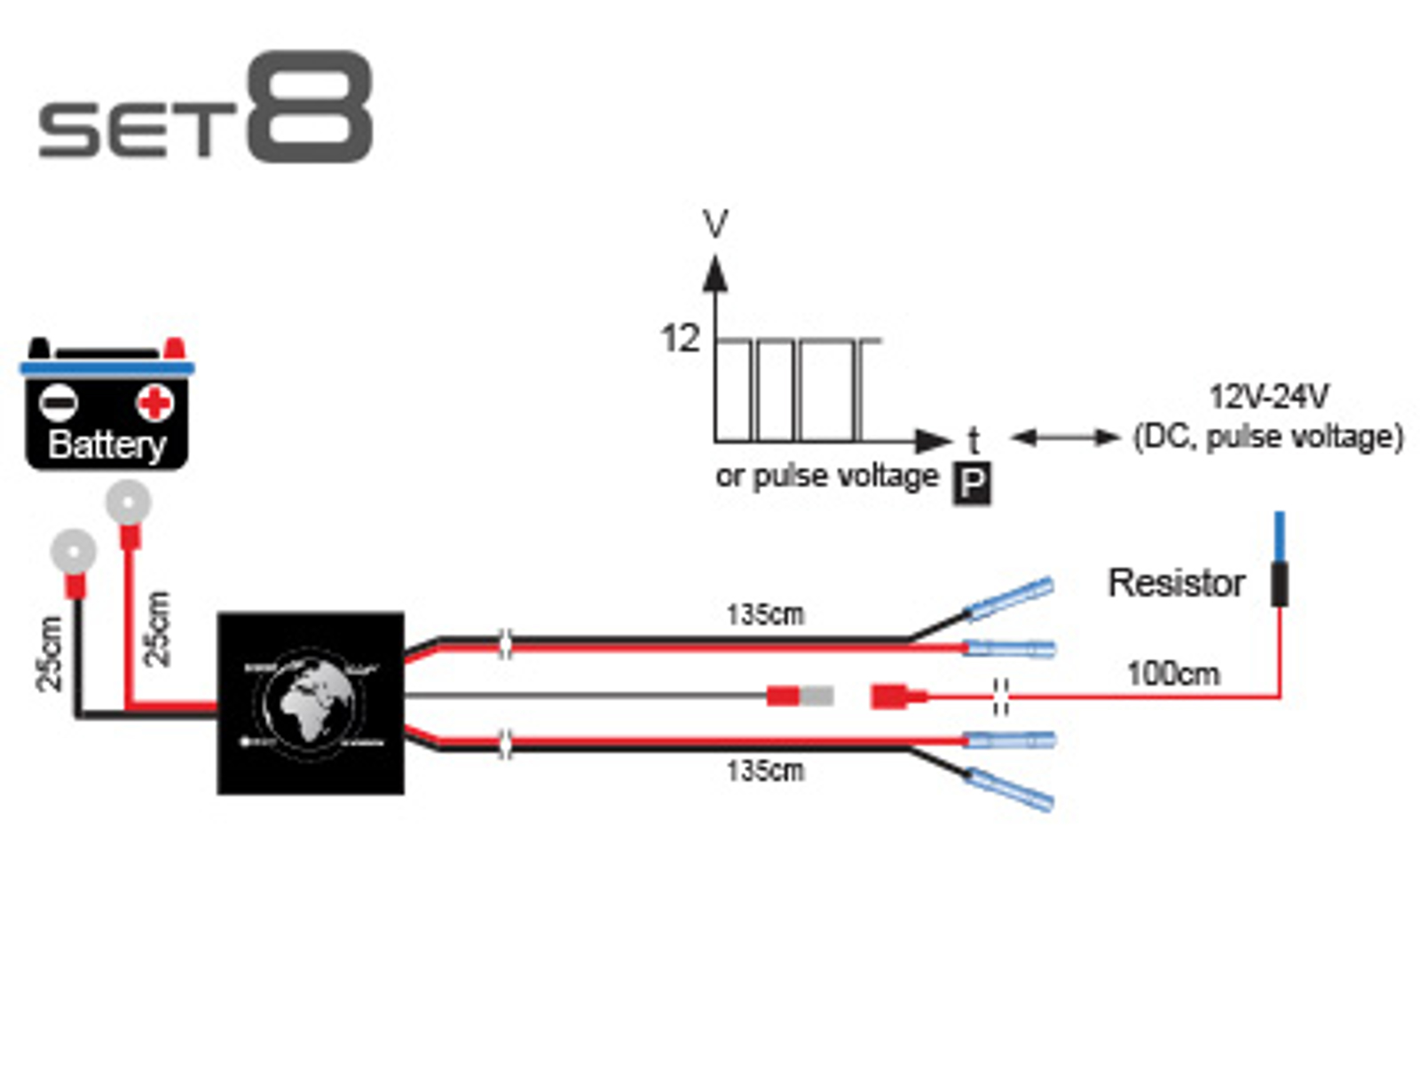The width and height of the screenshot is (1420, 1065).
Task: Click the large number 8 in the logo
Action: click(x=308, y=106)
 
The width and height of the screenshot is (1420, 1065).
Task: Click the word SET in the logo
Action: click(x=138, y=130)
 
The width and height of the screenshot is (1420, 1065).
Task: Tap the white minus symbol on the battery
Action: click(x=59, y=404)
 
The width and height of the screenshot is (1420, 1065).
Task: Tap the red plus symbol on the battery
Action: click(x=154, y=403)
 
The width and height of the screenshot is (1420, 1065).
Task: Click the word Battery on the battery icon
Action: click(x=106, y=444)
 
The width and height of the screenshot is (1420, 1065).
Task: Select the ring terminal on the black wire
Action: click(x=74, y=552)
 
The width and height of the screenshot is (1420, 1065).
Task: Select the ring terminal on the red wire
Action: click(x=128, y=503)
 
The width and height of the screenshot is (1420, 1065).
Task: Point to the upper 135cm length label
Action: click(x=765, y=614)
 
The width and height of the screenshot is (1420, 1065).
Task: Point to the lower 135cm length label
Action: click(x=765, y=770)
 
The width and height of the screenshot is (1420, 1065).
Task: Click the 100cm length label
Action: click(x=1172, y=674)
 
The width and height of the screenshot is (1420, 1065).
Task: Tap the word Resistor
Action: click(x=1176, y=583)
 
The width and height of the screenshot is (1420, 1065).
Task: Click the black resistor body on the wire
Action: click(x=1279, y=583)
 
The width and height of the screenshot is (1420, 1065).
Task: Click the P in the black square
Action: click(x=972, y=484)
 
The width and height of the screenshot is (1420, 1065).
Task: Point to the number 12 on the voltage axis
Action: click(x=680, y=338)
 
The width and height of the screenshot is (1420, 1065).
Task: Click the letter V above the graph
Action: click(x=715, y=224)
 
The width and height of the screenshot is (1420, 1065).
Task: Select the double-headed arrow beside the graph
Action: click(x=1065, y=437)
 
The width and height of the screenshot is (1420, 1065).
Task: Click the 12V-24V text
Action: click(x=1268, y=396)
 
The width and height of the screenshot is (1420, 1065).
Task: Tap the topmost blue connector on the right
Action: click(x=1009, y=599)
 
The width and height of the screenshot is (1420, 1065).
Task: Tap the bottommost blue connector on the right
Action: click(x=1009, y=789)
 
